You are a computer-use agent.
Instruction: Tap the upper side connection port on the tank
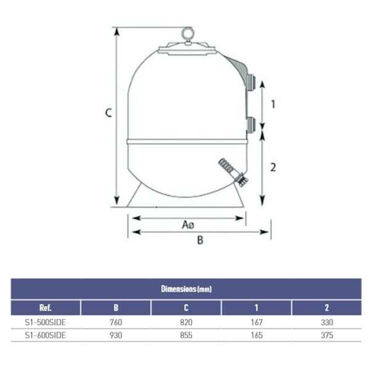point(251,81)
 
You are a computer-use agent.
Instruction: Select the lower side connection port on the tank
point(251,125)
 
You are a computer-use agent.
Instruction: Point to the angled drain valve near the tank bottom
point(233,172)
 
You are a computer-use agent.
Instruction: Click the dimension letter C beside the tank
point(109,113)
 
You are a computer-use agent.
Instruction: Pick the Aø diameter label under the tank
point(188,224)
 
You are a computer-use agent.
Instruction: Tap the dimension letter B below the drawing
point(200,240)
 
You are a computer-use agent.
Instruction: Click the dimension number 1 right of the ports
point(273,104)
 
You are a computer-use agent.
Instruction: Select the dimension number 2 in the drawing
point(273,167)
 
